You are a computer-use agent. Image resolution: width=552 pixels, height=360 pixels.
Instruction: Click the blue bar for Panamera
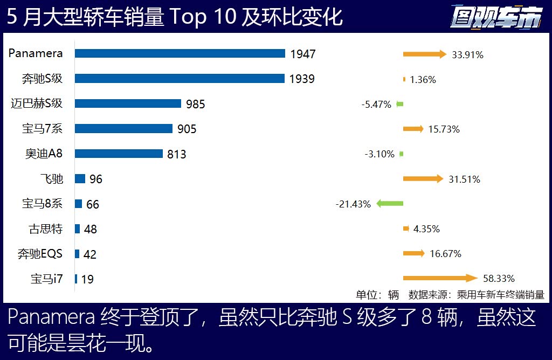(x=180, y=53)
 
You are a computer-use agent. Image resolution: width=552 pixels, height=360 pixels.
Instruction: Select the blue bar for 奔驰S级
(x=180, y=79)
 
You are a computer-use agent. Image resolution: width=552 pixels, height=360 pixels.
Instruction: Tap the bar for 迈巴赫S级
(x=128, y=103)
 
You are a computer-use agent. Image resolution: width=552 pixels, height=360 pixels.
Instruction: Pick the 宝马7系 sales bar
(x=123, y=128)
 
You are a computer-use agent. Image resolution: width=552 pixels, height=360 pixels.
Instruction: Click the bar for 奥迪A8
(x=119, y=154)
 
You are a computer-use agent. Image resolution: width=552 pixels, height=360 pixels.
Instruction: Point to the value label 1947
(x=302, y=54)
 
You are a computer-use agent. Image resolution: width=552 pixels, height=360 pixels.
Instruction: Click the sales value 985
(x=195, y=104)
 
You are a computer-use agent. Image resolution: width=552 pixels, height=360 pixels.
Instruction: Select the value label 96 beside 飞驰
(x=95, y=179)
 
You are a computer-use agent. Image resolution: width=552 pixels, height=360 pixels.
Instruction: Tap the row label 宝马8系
(x=42, y=204)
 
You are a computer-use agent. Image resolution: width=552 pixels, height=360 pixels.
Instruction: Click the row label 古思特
(x=46, y=229)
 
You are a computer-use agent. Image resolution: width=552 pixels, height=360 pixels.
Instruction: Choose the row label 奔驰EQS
(x=40, y=254)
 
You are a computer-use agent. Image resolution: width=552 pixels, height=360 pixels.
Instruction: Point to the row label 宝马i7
(x=47, y=279)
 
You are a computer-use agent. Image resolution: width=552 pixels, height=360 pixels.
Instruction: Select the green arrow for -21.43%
(x=390, y=204)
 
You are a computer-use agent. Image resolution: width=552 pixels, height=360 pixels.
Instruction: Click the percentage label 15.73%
(x=444, y=129)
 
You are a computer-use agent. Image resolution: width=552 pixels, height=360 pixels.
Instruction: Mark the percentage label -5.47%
(x=376, y=105)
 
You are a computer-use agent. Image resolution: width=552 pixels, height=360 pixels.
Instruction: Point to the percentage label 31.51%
(x=464, y=179)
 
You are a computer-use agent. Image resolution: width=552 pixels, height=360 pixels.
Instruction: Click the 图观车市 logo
(x=495, y=18)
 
